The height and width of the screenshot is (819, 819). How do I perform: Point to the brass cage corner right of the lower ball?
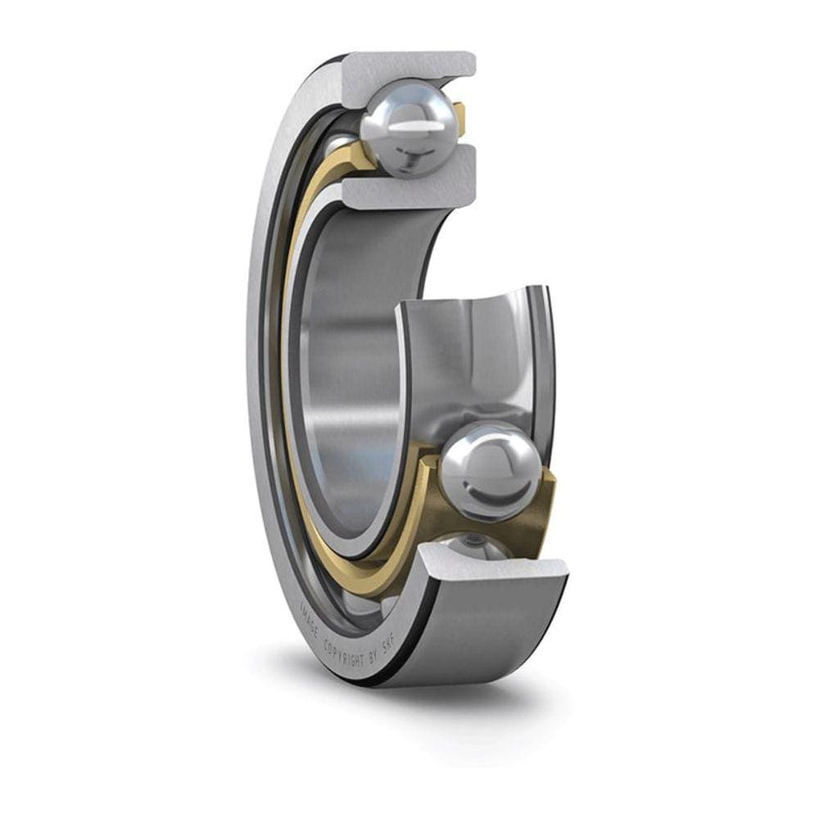pyautogui.click(x=545, y=500)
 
